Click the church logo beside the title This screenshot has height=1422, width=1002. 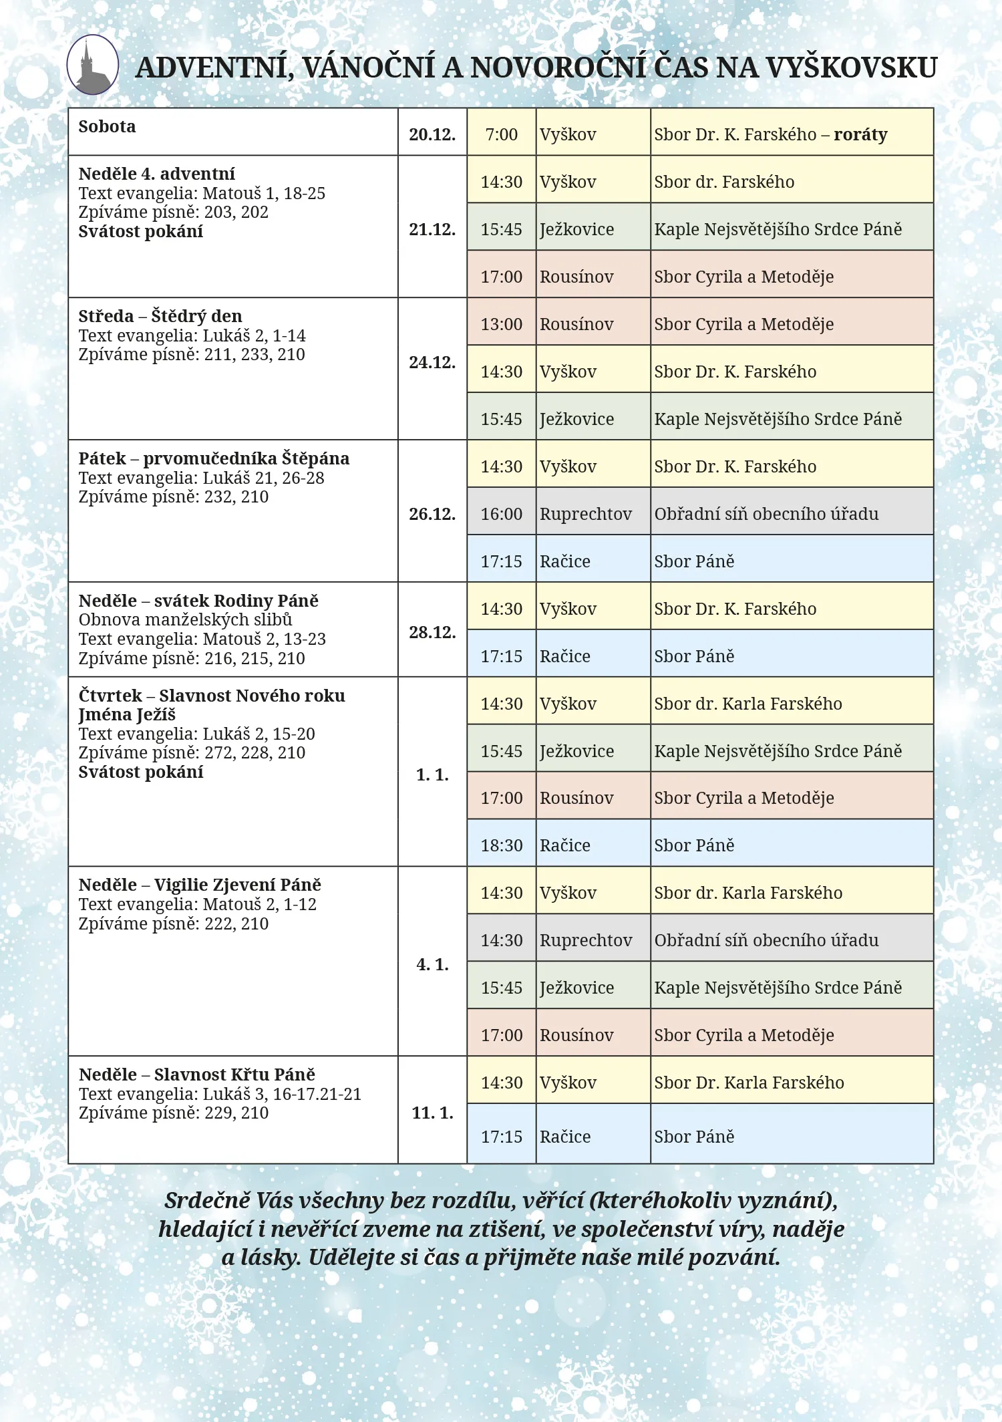pyautogui.click(x=93, y=65)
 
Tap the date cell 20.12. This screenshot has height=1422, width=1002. pyautogui.click(x=432, y=134)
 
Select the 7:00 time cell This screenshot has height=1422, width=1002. pyautogui.click(x=501, y=134)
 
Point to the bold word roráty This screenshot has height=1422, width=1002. pyautogui.click(x=860, y=134)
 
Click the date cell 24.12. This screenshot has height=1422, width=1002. pyautogui.click(x=432, y=362)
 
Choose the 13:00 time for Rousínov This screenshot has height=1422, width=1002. pyautogui.click(x=501, y=324)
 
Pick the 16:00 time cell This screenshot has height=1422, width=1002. pyautogui.click(x=501, y=514)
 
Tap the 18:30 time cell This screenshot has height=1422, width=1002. pyautogui.click(x=501, y=845)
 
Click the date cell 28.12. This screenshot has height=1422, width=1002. pyautogui.click(x=432, y=632)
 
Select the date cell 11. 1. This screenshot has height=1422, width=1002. pyautogui.click(x=432, y=1113)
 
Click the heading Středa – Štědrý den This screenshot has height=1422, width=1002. pyautogui.click(x=160, y=316)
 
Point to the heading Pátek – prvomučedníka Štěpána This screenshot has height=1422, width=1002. pyautogui.click(x=214, y=458)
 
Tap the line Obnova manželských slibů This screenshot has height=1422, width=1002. pyautogui.click(x=185, y=619)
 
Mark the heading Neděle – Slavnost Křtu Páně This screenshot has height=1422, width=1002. pyautogui.click(x=197, y=1075)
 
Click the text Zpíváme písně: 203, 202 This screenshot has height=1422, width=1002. pyautogui.click(x=173, y=212)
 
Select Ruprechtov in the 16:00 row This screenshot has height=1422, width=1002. pyautogui.click(x=585, y=514)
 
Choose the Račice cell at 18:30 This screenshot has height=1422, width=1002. pyautogui.click(x=564, y=845)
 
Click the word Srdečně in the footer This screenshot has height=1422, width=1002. pyautogui.click(x=206, y=1201)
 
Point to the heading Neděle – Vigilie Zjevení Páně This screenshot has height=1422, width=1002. pyautogui.click(x=200, y=885)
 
